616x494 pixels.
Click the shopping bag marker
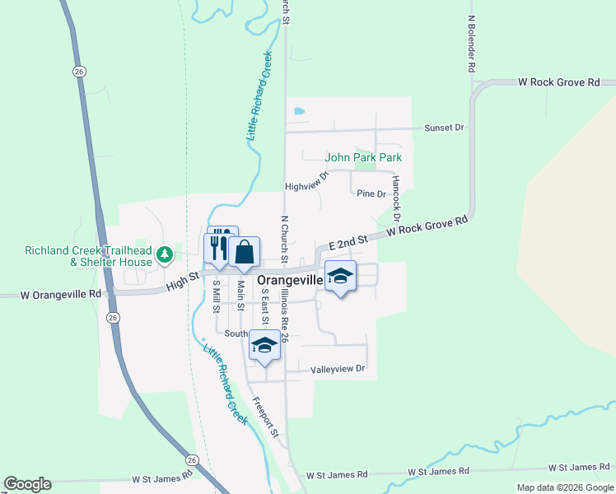coord(245,252)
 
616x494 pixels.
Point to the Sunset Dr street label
coord(445,128)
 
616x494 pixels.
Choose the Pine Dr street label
coord(371,194)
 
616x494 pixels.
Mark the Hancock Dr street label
coord(396,198)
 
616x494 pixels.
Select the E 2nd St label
coord(347,244)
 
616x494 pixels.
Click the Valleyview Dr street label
coord(338,369)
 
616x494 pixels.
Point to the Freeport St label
coord(266,417)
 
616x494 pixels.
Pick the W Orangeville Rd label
coord(50,294)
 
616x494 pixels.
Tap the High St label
coord(182,281)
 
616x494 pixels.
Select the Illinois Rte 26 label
coord(284,315)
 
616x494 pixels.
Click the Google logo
coord(27,484)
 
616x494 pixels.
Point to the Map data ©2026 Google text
coord(565,487)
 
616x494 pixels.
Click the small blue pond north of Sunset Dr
coord(299,110)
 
